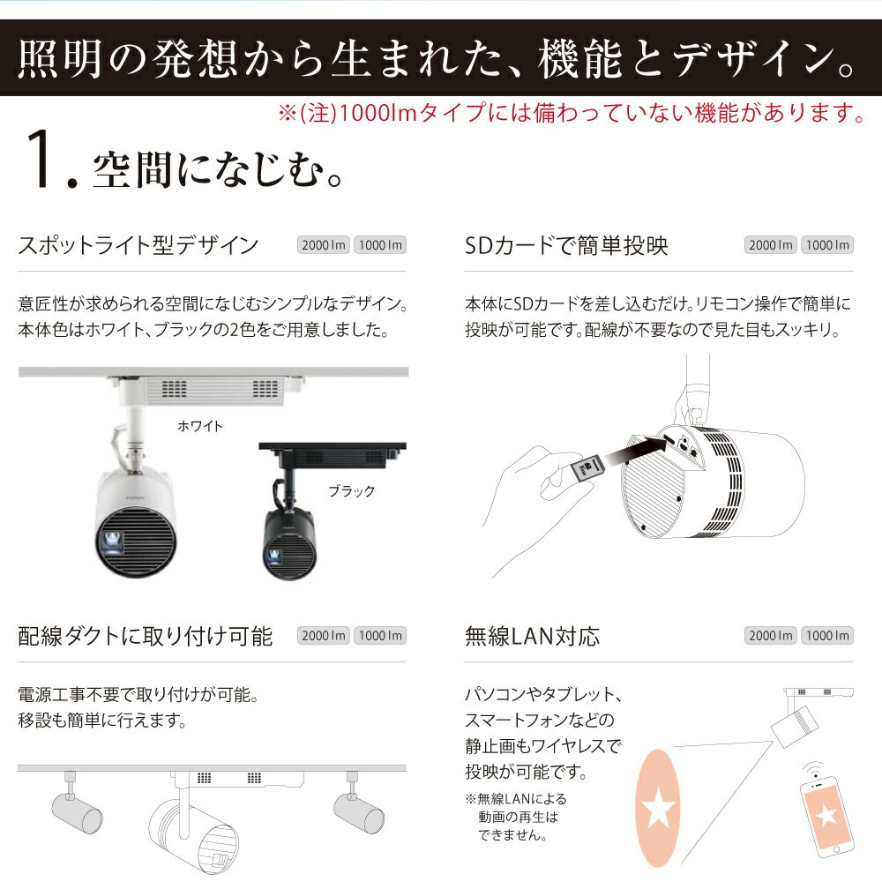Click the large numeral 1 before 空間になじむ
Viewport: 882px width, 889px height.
pyautogui.click(x=40, y=159)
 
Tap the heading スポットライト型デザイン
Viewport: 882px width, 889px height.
pyautogui.click(x=138, y=245)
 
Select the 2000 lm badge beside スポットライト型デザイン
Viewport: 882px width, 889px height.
pyautogui.click(x=323, y=245)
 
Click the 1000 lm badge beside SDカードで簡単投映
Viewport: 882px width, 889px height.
pyautogui.click(x=827, y=245)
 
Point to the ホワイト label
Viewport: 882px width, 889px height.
pyautogui.click(x=199, y=426)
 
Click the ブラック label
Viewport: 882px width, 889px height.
pyautogui.click(x=351, y=491)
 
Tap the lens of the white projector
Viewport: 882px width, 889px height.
pyautogui.click(x=112, y=542)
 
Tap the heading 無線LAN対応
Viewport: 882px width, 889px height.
pyautogui.click(x=532, y=636)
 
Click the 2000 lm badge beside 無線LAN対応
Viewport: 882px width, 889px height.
pyautogui.click(x=770, y=636)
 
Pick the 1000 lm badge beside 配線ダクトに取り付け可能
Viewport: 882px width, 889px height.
pyautogui.click(x=380, y=636)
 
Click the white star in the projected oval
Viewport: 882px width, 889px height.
pyautogui.click(x=658, y=808)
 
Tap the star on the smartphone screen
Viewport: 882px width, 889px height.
pyautogui.click(x=826, y=815)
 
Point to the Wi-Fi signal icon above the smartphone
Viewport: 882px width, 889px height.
pyautogui.click(x=813, y=770)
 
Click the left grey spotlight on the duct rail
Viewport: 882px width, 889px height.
pyautogui.click(x=76, y=805)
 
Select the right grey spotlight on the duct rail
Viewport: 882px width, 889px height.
pyautogui.click(x=358, y=805)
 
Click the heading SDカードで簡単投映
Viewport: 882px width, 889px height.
pyautogui.click(x=566, y=245)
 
